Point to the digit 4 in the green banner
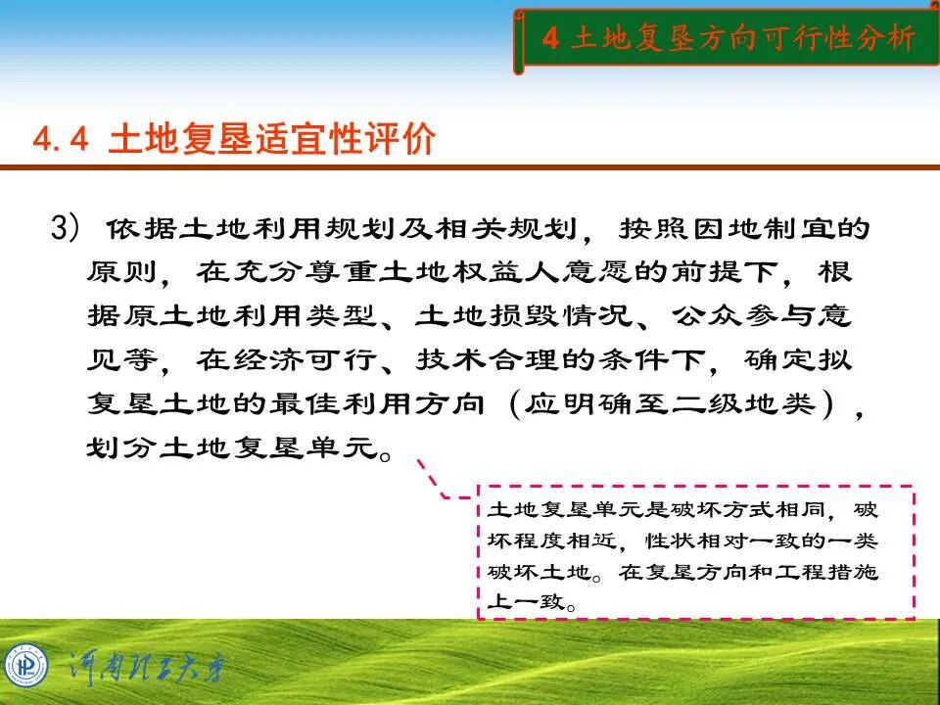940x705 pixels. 550,39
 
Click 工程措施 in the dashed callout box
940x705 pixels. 836,573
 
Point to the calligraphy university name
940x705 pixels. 147,669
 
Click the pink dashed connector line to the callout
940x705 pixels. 436,480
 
